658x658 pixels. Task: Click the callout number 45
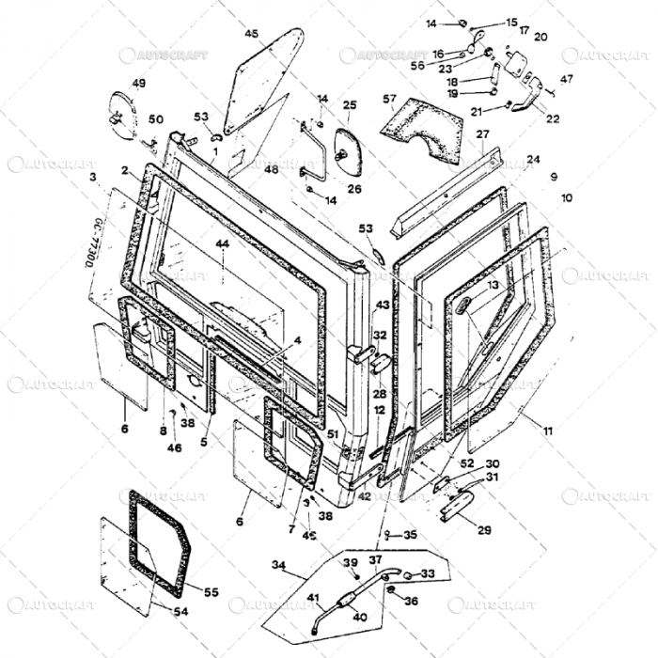251,34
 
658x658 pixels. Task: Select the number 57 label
389,98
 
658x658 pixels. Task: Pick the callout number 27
482,134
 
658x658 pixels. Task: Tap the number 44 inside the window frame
222,243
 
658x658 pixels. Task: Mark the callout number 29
484,530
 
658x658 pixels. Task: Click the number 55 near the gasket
211,592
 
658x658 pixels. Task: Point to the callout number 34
277,565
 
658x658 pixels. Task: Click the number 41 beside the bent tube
314,598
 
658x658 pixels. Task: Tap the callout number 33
428,573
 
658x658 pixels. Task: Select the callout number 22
552,118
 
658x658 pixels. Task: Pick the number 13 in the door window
493,284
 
